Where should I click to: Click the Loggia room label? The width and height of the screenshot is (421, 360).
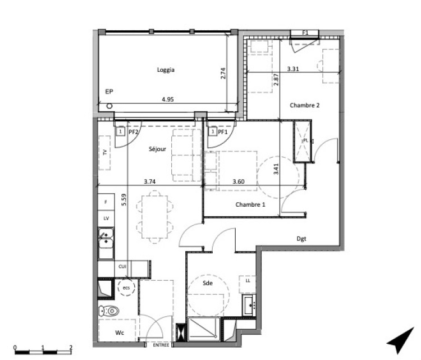click(x=166, y=70)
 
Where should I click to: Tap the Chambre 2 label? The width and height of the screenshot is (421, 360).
click(x=305, y=105)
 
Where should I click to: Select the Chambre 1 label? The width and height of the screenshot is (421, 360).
click(x=250, y=204)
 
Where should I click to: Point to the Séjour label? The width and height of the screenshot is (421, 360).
click(x=157, y=149)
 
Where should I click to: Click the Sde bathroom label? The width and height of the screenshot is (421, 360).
click(x=208, y=283)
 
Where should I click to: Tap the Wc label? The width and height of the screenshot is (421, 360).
click(x=120, y=332)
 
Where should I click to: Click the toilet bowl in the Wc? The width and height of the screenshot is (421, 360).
click(x=109, y=311)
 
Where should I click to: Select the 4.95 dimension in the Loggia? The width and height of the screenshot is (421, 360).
click(x=167, y=99)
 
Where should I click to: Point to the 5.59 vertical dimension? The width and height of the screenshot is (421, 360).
click(x=124, y=200)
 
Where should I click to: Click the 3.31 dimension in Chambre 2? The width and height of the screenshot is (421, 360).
click(x=293, y=69)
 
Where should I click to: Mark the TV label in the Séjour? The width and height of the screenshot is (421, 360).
click(x=105, y=152)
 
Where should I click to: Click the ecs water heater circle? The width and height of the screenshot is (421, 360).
click(x=126, y=288)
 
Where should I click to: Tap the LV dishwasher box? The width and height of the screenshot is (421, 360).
click(x=106, y=218)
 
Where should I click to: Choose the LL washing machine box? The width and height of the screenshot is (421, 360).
click(x=248, y=284)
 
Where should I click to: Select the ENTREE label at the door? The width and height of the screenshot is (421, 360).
click(x=161, y=345)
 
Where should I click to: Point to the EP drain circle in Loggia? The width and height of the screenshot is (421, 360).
click(x=109, y=106)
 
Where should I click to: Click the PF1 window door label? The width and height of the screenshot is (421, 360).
click(x=223, y=131)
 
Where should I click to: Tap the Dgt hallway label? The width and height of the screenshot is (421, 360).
click(x=301, y=239)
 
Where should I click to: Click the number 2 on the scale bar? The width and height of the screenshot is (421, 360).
click(x=71, y=347)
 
